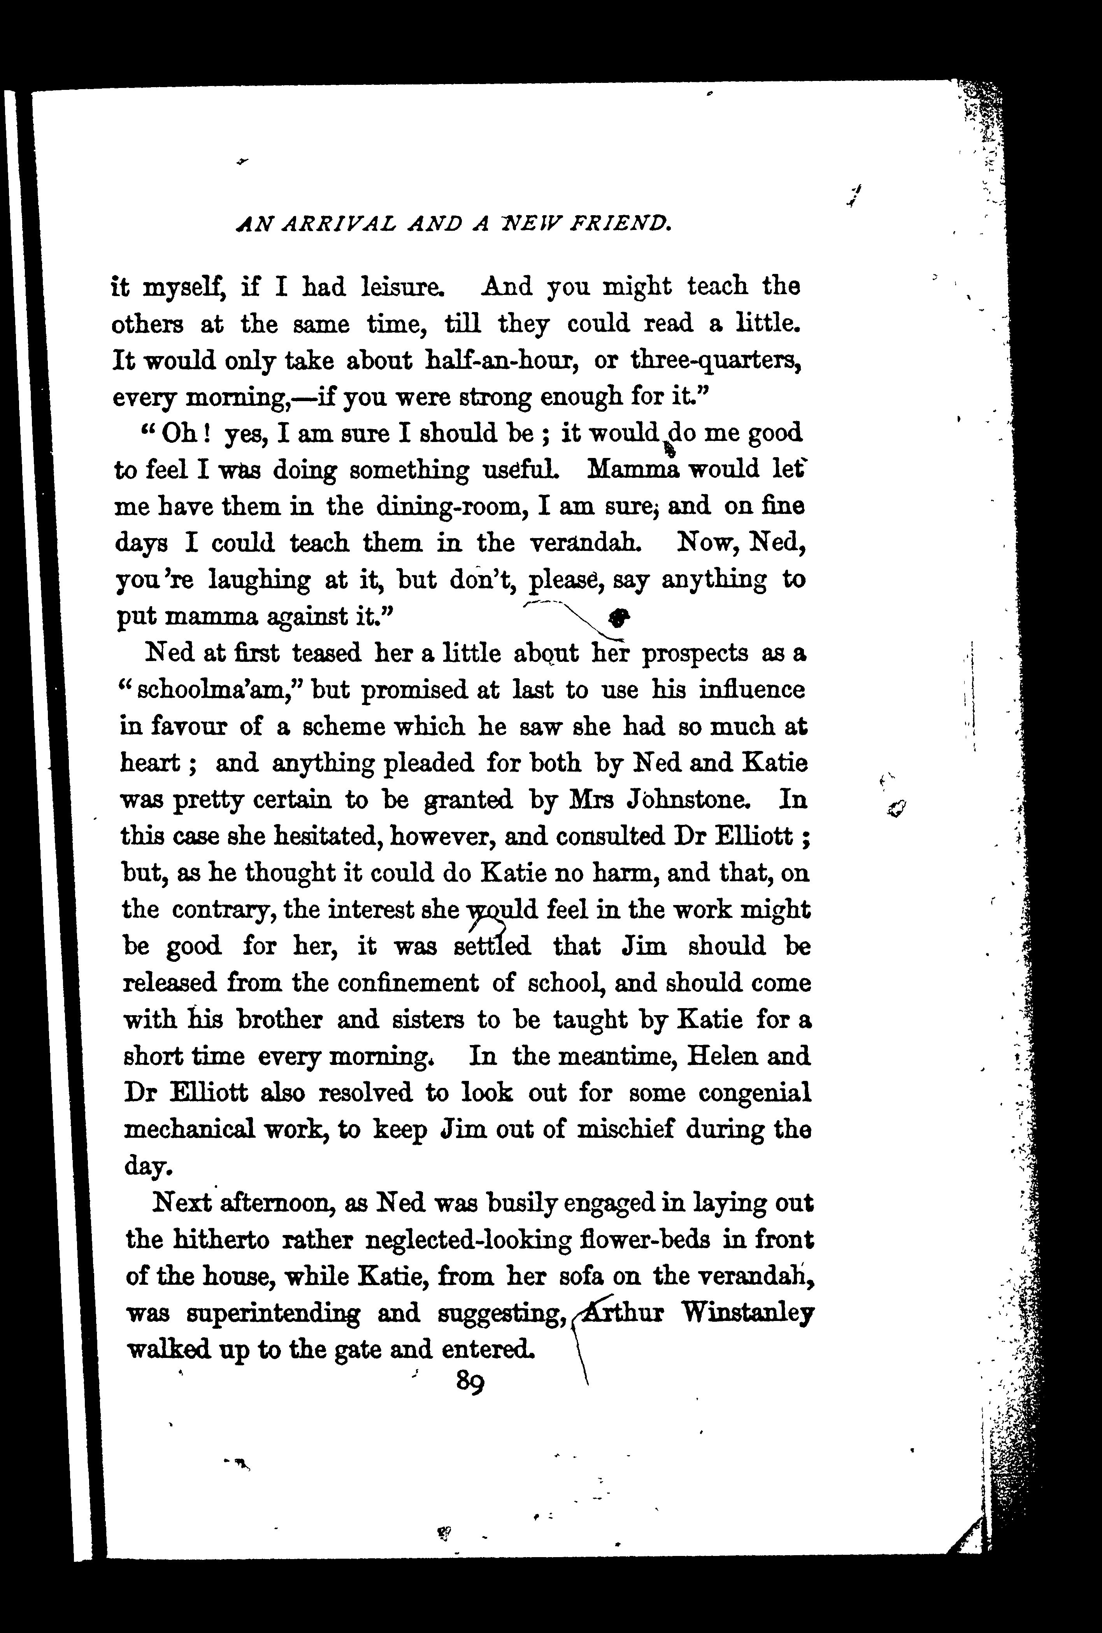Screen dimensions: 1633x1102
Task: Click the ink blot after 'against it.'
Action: pos(618,616)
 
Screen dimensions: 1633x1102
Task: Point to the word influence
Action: pos(752,689)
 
